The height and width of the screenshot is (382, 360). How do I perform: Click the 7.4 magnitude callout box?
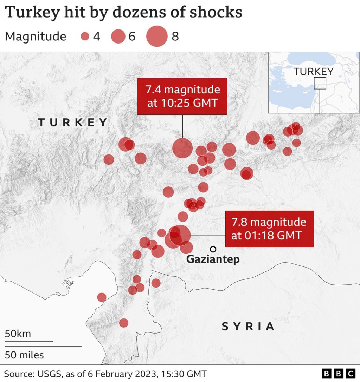(x=182, y=96)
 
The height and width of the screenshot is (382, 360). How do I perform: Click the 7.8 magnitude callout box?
(x=269, y=229)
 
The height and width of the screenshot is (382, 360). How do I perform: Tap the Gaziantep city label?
(x=213, y=259)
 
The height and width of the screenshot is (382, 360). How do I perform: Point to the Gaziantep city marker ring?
(x=213, y=249)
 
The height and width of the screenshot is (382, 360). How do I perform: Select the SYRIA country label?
(x=248, y=327)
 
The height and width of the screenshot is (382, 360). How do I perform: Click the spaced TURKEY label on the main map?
(x=72, y=122)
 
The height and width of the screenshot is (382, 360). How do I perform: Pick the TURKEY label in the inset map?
(x=313, y=71)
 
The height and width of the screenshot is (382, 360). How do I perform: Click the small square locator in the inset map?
(x=320, y=83)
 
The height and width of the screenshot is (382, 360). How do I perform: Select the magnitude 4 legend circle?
(x=85, y=37)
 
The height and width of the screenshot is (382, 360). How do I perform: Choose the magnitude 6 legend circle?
(x=118, y=37)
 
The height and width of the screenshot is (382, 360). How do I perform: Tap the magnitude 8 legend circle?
(x=157, y=37)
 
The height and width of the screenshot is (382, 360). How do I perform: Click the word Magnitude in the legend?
(x=36, y=37)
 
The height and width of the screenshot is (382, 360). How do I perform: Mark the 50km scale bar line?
(x=29, y=341)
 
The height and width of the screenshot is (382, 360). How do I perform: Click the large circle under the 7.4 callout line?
(x=182, y=149)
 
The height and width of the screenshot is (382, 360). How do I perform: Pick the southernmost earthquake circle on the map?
(x=124, y=323)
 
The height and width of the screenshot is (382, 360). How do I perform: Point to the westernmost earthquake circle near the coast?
(x=102, y=297)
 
